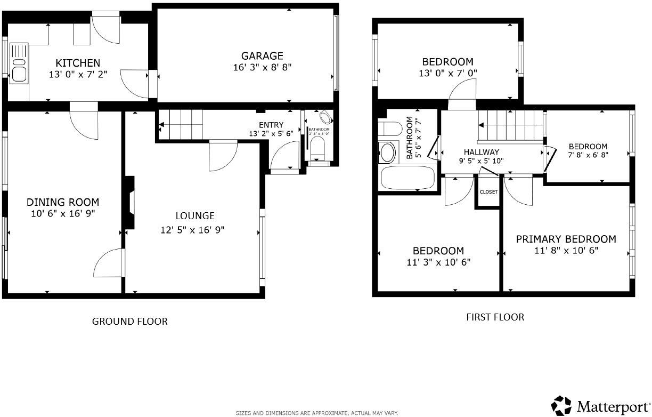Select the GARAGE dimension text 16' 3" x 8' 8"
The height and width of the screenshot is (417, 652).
(262, 67)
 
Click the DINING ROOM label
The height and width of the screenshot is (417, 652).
(63, 202)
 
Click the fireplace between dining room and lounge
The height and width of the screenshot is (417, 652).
(129, 203)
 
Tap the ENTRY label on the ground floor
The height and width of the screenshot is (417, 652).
(271, 125)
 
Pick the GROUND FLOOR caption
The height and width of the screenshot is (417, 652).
(130, 321)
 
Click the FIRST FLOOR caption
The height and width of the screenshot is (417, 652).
(495, 317)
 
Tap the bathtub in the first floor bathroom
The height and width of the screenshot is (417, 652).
(407, 177)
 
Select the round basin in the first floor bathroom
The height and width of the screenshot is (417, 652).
(387, 153)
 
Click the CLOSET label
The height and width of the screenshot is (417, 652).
(488, 192)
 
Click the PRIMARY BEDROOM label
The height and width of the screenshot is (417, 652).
(566, 239)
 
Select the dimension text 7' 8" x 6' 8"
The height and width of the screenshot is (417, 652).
(588, 155)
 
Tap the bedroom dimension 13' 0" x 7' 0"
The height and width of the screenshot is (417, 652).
(447, 73)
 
